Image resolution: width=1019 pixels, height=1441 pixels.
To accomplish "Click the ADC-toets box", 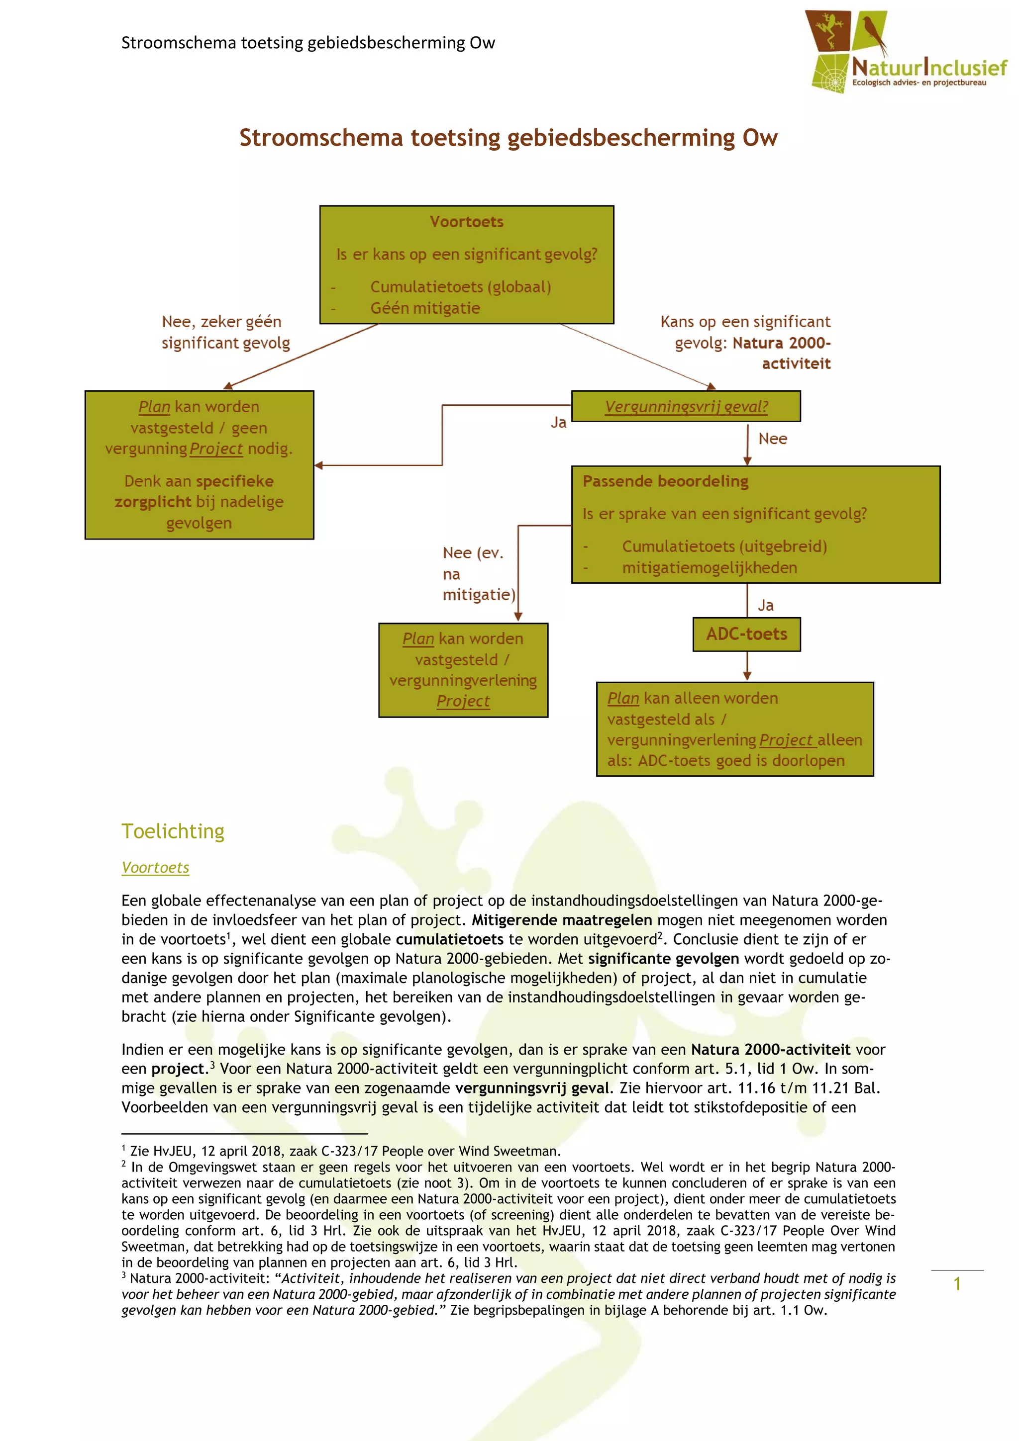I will pos(746,634).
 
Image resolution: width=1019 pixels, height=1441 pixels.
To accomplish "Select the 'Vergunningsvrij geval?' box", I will pos(686,406).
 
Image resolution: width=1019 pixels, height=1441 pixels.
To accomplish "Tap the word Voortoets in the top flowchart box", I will pos(467,222).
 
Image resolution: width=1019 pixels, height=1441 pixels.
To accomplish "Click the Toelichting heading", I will pos(173,831).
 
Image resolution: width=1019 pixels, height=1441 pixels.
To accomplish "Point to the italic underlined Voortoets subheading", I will pos(155,867).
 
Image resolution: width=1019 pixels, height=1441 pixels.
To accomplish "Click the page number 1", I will pos(957,1283).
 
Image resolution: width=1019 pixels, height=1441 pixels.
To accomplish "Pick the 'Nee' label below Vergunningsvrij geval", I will pos(772,439).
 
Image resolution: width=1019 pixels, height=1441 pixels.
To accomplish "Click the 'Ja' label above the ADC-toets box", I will pos(765,606).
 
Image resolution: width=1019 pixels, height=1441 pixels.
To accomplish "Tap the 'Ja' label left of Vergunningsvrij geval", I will pos(558,422).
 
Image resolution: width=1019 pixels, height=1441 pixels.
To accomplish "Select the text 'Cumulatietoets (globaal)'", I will pos(460,287).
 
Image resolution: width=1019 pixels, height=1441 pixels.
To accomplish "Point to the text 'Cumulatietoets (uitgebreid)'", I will pos(724,546).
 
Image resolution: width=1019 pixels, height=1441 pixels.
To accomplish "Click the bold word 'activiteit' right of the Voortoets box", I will pos(796,363).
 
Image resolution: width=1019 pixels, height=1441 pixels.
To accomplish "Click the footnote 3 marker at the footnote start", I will pos(124,1275).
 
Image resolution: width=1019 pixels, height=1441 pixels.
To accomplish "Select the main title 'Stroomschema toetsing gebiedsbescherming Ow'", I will pos(508,137).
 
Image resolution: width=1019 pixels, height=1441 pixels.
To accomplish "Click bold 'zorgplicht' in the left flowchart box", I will pos(153,501).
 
